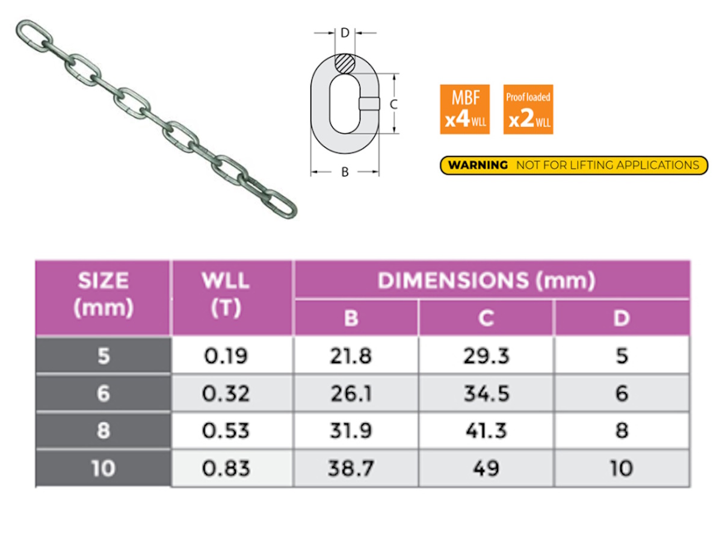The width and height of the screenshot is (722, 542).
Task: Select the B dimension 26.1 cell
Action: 351,394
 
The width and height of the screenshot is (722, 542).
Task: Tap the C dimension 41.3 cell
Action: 486,431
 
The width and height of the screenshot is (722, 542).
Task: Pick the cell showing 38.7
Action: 351,469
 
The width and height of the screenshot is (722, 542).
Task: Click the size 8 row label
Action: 103,431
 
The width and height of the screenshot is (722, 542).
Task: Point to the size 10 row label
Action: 103,469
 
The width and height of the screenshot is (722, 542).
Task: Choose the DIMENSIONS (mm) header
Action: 486,280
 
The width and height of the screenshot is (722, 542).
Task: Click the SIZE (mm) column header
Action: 103,295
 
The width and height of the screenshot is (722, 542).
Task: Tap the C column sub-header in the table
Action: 486,318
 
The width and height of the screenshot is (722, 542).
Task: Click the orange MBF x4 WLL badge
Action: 464,109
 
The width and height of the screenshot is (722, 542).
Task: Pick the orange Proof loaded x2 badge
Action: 528,109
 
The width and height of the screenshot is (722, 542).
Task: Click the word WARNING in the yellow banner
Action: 478,165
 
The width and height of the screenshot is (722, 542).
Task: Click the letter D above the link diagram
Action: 345,33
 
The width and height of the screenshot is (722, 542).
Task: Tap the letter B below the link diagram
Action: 345,172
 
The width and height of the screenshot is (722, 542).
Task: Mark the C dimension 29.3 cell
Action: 486,356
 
